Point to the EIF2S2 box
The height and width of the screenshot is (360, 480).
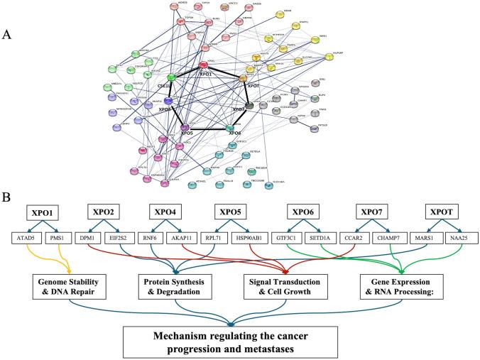click(133, 240)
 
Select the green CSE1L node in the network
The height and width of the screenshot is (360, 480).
click(171, 77)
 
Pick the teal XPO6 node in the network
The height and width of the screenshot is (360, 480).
click(230, 129)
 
